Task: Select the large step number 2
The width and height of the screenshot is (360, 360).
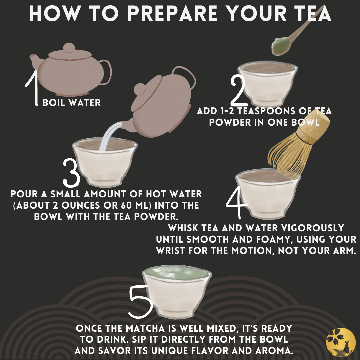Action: pos(239,91)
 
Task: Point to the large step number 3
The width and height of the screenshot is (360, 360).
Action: pos(71,173)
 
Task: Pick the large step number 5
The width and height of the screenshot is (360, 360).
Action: pos(141,302)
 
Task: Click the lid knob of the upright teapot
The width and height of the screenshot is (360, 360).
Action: pos(69,48)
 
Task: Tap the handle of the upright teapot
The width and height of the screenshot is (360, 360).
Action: pos(106,72)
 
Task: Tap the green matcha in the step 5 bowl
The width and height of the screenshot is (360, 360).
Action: pos(176,273)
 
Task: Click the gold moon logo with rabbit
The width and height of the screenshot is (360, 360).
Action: pos(341,342)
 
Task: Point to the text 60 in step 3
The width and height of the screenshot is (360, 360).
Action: pos(127,205)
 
